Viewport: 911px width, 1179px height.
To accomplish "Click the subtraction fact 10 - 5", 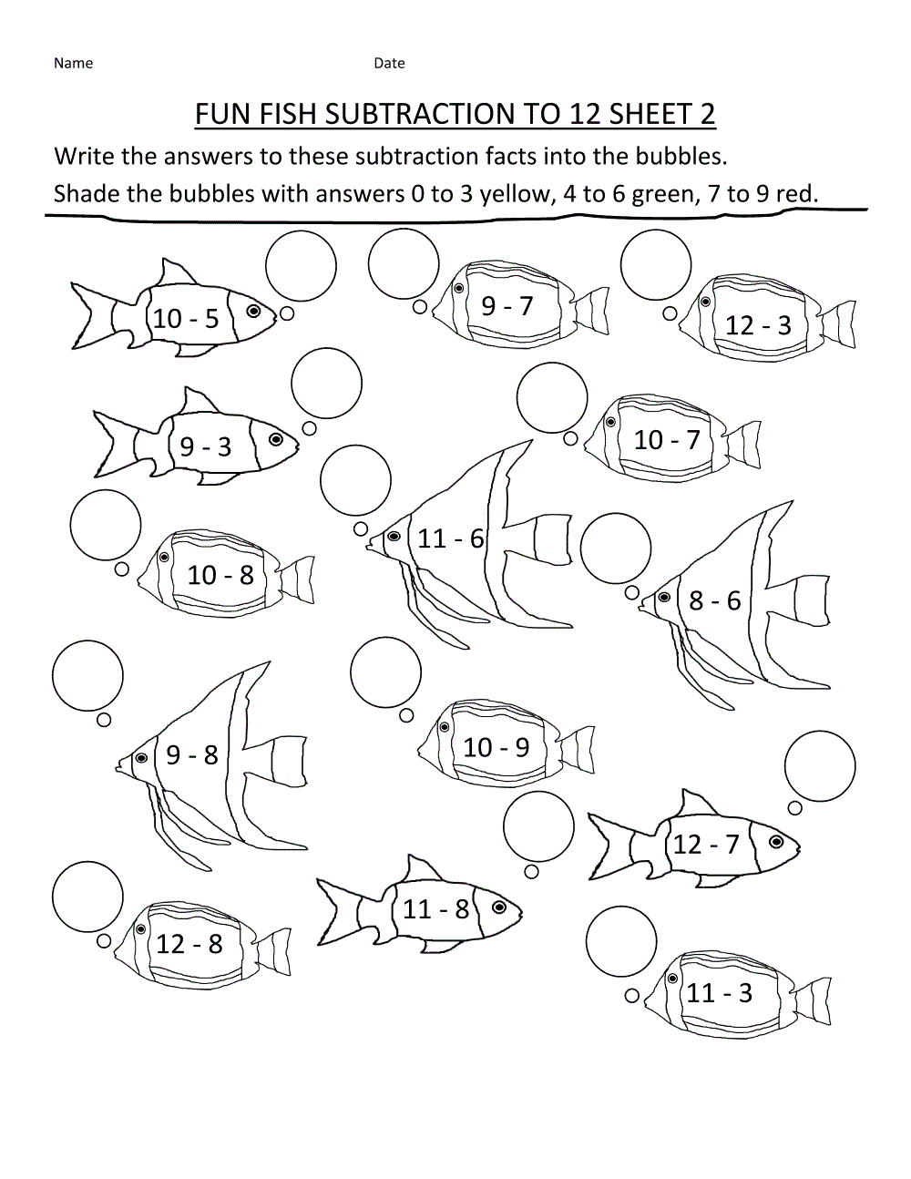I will [186, 318].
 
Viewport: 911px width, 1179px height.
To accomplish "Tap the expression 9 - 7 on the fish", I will [507, 305].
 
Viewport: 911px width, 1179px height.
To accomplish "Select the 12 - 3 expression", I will [758, 325].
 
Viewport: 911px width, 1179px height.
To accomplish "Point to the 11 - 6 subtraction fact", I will [450, 538].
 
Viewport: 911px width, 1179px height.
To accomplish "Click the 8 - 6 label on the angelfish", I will [715, 600].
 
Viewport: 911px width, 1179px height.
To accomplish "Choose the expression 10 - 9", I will [496, 747].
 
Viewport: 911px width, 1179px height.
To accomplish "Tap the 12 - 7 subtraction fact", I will [706, 845].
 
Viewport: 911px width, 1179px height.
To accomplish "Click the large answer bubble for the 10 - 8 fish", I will [106, 526].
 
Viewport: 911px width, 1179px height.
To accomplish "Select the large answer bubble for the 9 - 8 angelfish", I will [87, 675].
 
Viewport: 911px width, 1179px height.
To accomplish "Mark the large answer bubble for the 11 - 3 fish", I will [621, 941].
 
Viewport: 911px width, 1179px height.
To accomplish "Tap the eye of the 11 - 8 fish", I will [499, 907].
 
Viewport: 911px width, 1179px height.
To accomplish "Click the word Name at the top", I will [73, 63].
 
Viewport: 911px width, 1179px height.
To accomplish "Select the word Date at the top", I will [389, 63].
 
